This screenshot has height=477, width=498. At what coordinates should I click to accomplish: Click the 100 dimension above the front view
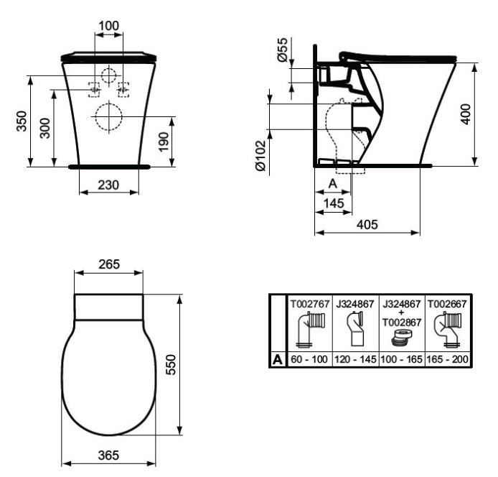click(x=108, y=26)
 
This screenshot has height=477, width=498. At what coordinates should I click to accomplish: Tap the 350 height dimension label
click(x=22, y=121)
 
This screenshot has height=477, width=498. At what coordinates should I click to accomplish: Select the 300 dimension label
click(x=44, y=128)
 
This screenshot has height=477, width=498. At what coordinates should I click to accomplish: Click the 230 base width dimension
click(x=108, y=185)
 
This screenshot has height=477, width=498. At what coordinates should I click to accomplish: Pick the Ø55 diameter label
click(x=282, y=50)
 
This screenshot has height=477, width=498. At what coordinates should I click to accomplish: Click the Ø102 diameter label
click(x=260, y=156)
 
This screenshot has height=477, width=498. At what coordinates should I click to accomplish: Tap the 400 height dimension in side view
click(x=466, y=114)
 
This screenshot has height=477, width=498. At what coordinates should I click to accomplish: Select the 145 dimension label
click(x=334, y=203)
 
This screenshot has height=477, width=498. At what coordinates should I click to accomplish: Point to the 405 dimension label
click(x=367, y=225)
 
